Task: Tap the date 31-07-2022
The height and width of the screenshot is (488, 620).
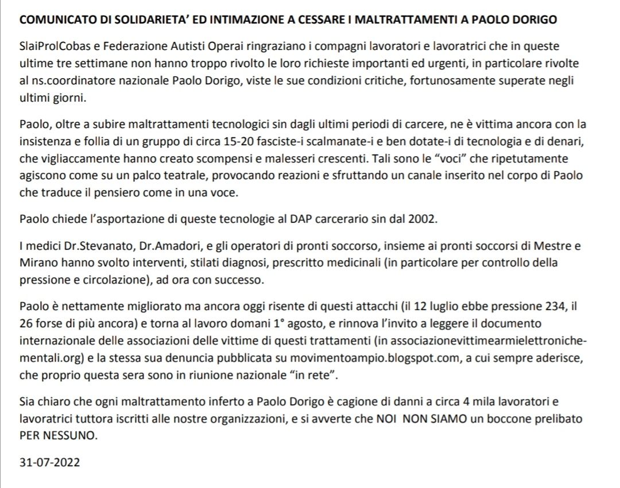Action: click(49, 463)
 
